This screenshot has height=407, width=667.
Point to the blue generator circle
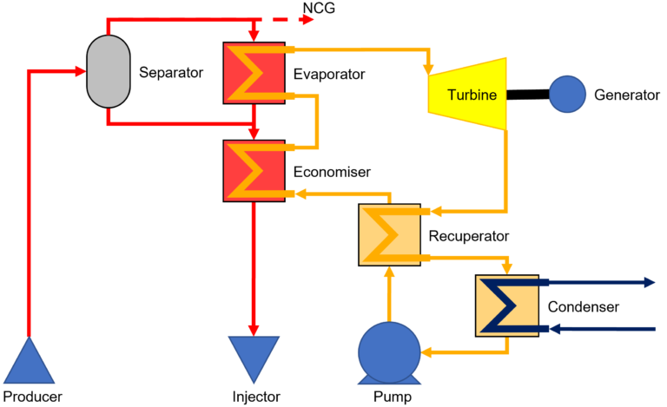(566, 94)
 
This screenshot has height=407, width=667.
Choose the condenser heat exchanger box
(506, 305)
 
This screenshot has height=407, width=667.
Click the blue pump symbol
(390, 352)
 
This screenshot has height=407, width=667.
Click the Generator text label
(627, 94)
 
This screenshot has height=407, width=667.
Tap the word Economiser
(332, 173)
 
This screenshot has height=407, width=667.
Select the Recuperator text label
(469, 235)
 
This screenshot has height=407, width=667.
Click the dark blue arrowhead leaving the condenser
(647, 282)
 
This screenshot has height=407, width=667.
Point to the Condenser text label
(584, 306)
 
